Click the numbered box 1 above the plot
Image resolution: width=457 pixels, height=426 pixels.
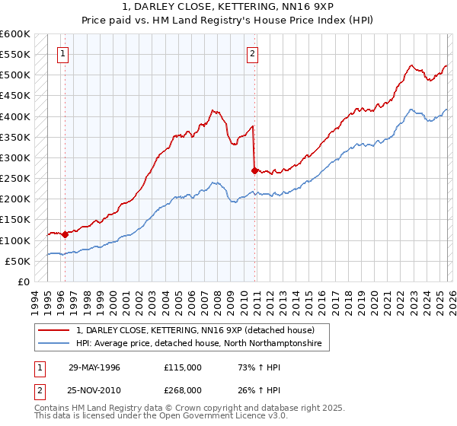pos(62,53)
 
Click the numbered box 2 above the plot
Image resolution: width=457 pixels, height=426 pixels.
pos(252,53)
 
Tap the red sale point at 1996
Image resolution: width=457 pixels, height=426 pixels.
pos(65,234)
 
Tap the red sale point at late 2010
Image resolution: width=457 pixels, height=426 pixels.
pos(254,171)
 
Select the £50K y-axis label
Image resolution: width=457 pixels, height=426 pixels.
pos(18,261)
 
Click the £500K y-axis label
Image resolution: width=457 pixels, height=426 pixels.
pos(16,75)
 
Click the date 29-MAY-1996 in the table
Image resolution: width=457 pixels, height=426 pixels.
pos(95,367)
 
